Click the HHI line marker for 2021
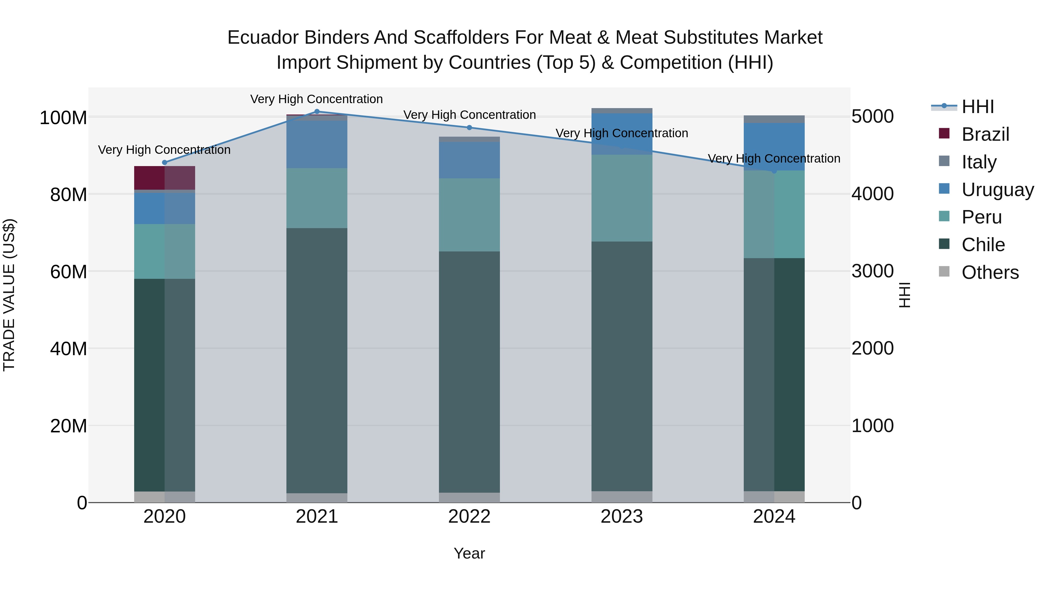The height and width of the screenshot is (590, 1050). point(317,111)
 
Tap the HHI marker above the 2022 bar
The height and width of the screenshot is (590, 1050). point(469,127)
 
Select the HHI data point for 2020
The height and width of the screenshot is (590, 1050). point(165,163)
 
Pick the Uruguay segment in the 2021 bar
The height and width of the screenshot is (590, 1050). point(317,144)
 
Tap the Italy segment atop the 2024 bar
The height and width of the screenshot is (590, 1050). point(774,119)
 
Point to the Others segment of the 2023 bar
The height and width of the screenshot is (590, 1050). point(622,497)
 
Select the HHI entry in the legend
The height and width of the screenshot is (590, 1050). point(977,107)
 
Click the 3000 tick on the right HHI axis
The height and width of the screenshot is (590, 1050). point(872,271)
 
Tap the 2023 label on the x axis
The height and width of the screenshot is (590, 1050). point(622,517)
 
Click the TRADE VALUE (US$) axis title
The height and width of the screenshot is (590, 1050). point(9,295)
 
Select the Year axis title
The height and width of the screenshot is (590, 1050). point(469,553)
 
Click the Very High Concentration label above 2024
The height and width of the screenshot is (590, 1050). point(774,158)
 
